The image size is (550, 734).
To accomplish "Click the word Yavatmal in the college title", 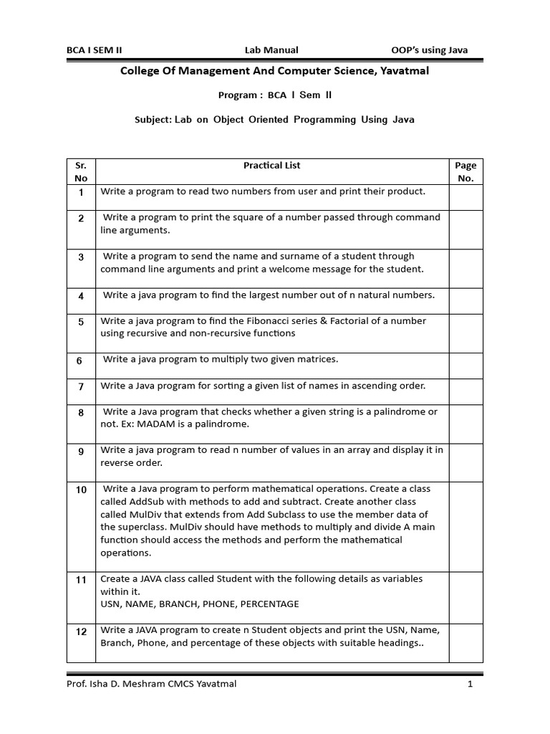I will (x=403, y=71).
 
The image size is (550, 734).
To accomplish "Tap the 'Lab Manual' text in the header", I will (x=271, y=50).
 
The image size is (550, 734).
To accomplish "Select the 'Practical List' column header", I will (x=271, y=166).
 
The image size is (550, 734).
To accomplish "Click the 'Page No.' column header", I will (x=465, y=172).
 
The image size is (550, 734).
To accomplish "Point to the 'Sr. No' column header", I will (x=81, y=172).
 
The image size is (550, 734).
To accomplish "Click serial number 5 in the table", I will (x=81, y=323).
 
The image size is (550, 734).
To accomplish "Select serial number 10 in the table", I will (x=81, y=490).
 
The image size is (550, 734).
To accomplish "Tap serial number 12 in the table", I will (x=81, y=631).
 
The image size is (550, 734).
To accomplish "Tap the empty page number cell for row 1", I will (x=465, y=196).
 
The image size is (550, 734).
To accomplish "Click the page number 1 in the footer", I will (x=470, y=684).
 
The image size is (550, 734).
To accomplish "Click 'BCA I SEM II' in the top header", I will (x=95, y=50).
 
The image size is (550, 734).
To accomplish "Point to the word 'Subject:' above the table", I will (x=153, y=120).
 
